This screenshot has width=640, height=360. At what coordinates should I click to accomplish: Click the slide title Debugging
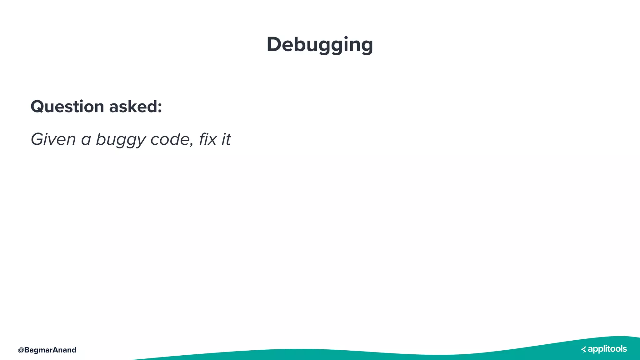320,45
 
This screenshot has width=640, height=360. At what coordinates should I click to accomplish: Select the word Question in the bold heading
67,107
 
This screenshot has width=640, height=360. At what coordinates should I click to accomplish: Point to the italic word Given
53,139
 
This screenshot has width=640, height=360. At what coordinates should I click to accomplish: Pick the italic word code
170,139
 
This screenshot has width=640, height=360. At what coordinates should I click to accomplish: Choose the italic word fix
208,139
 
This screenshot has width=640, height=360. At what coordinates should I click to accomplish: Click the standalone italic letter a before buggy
86,140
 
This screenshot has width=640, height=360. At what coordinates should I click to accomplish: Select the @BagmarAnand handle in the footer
47,350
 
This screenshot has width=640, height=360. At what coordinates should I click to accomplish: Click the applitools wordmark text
607,349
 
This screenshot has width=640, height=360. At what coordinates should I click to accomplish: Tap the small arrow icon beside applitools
583,349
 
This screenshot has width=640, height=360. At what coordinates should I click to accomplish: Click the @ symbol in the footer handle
21,350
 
